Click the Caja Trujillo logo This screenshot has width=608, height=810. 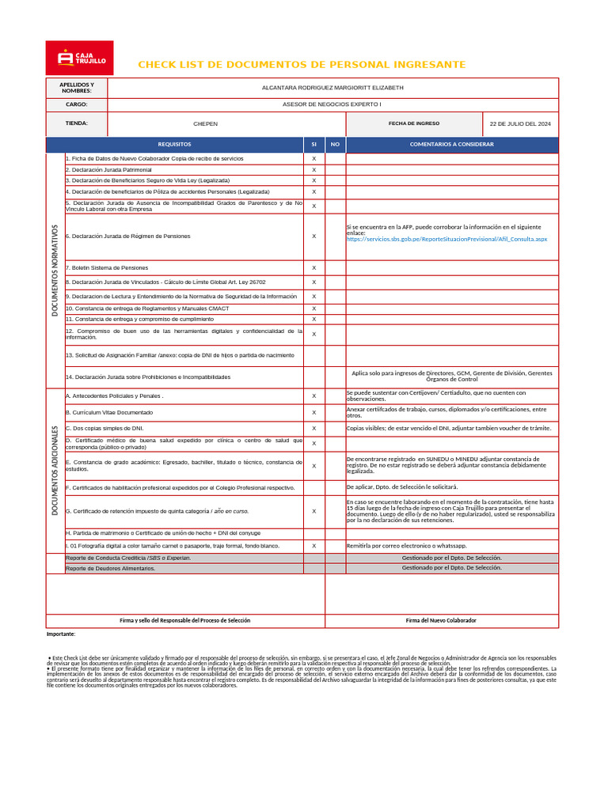tap(79, 58)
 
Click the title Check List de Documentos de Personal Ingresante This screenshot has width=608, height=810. tap(302, 64)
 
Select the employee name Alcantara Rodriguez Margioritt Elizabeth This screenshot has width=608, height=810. tap(332, 87)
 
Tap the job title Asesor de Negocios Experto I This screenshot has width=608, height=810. tap(332, 104)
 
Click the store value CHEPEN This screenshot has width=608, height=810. tap(206, 124)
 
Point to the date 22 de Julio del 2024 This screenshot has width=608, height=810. tap(520, 124)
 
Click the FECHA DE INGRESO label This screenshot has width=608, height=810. tap(414, 123)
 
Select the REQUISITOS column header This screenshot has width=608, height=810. tap(174, 145)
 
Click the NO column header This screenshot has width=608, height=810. tap(335, 145)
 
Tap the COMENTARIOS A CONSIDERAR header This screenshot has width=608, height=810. tap(452, 145)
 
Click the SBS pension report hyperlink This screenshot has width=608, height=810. tap(446, 238)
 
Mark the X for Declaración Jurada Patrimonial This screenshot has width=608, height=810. tap(313, 170)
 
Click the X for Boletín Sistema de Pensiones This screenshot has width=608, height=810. tap(313, 268)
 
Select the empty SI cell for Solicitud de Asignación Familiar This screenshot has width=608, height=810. tap(313, 355)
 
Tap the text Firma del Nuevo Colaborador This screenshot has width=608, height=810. tap(441, 621)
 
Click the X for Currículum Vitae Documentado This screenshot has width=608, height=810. tap(313, 413)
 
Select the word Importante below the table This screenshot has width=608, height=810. tap(61, 634)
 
